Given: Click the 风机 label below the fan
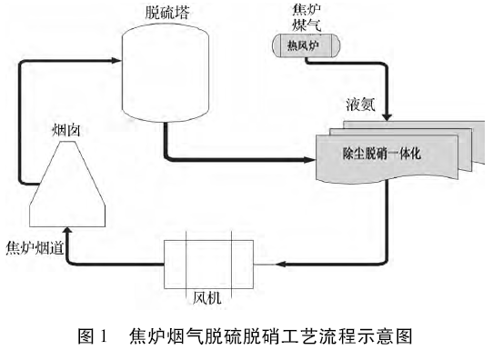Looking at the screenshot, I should [208, 296].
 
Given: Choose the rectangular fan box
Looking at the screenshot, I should [208, 262].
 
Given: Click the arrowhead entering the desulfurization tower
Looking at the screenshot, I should [116, 62].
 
